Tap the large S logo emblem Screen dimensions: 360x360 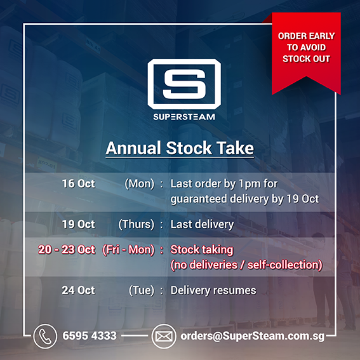[x=184, y=84]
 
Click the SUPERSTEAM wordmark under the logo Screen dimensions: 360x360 [x=184, y=117]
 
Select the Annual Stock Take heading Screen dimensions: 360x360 [x=180, y=148]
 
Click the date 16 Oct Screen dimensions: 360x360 [x=79, y=183]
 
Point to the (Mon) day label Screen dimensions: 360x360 [x=139, y=184]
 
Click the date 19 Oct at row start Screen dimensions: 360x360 [x=79, y=224]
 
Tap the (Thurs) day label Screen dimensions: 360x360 [x=136, y=225]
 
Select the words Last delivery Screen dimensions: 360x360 [x=202, y=225]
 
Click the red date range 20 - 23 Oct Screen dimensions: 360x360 [x=67, y=250]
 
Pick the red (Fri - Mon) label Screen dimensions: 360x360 [x=128, y=250]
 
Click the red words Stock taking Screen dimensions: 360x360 [x=201, y=250]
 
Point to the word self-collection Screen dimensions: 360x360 [x=283, y=265]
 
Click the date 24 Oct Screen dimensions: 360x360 [x=78, y=290]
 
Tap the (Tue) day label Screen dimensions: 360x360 [x=142, y=290]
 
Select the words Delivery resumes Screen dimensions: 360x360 [x=213, y=290]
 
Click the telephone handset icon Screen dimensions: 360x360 [x=45, y=337]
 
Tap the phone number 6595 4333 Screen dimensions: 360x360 [x=90, y=336]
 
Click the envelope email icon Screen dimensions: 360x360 [x=164, y=337]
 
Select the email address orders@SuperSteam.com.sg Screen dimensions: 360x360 [x=253, y=337]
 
